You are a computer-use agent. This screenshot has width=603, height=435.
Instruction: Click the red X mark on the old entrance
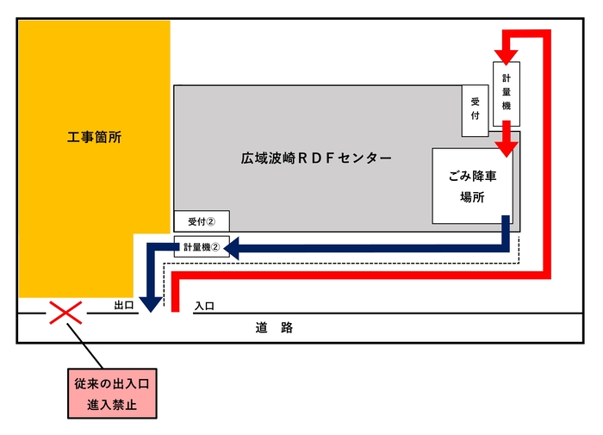[65, 313]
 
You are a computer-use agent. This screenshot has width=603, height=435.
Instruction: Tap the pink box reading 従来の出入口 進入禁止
[114, 392]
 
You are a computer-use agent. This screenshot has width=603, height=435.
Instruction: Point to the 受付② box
[202, 221]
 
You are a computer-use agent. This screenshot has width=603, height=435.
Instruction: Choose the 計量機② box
[202, 247]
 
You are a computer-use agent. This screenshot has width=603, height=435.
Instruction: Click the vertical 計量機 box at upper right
[507, 91]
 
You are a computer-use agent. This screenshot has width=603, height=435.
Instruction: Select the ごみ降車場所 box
[472, 186]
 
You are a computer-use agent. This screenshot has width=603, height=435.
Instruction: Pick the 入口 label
[204, 306]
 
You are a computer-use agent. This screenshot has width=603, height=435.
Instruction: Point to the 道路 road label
[275, 327]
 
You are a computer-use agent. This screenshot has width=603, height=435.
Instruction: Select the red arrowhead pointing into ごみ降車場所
[507, 146]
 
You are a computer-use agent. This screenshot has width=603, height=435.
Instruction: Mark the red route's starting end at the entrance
[175, 305]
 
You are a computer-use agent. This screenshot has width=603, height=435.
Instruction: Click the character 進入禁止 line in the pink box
[114, 402]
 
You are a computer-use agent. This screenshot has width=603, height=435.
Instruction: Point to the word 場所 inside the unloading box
[472, 196]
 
